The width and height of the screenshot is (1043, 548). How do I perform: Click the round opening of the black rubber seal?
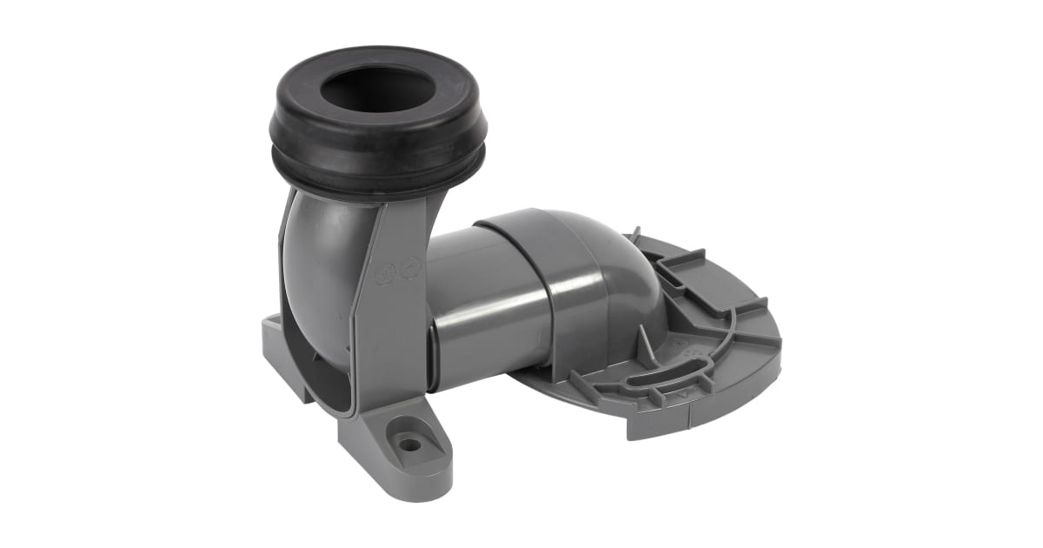(375, 90)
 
